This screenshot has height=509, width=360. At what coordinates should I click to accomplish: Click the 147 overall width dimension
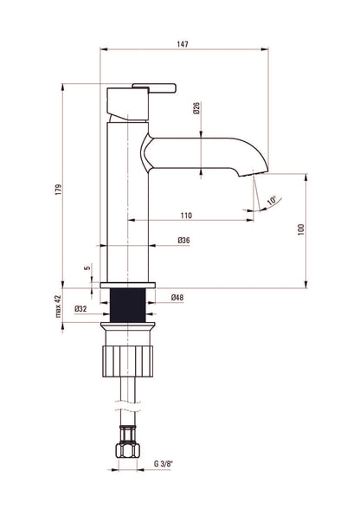(183, 44)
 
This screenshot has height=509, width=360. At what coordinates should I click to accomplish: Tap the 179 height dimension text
(59, 190)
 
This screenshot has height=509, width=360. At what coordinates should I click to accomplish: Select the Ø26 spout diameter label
(196, 107)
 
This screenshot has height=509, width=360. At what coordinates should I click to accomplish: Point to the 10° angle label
(272, 200)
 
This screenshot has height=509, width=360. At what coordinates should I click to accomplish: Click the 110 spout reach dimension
(186, 216)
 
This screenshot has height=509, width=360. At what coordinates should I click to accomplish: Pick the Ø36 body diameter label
(183, 241)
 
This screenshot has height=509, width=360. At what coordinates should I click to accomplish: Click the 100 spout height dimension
(301, 229)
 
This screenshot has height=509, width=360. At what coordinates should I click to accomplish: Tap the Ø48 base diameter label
(177, 298)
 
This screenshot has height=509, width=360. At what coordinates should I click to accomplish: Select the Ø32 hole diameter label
(80, 309)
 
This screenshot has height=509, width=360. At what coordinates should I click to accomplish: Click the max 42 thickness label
(59, 306)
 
